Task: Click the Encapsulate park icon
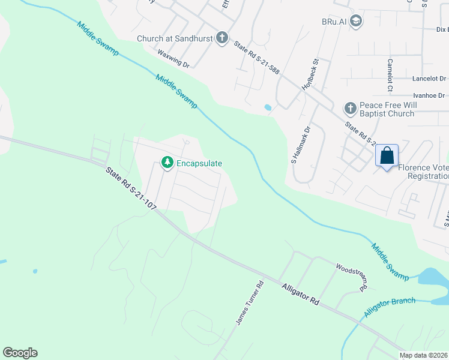pyautogui.click(x=167, y=163)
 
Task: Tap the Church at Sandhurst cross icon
pyautogui.click(x=222, y=38)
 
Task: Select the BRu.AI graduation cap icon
pyautogui.click(x=357, y=22)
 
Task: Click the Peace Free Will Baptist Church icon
pyautogui.click(x=350, y=109)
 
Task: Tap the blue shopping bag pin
pyautogui.click(x=387, y=156)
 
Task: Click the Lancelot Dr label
pyautogui.click(x=429, y=79)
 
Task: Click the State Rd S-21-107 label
pyautogui.click(x=131, y=188)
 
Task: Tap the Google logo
pyautogui.click(x=20, y=353)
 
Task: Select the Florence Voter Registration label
pyautogui.click(x=427, y=172)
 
